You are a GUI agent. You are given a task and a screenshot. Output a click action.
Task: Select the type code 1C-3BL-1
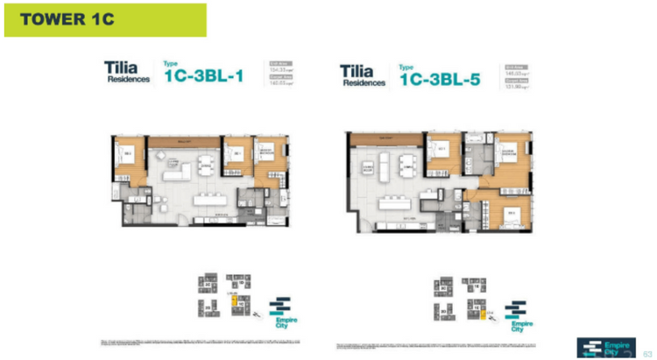(203, 75)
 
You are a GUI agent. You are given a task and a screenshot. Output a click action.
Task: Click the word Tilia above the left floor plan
(122, 67)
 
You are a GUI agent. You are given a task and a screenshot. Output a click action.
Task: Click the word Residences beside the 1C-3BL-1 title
(128, 80)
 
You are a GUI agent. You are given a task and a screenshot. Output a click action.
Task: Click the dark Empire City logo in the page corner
(605, 347)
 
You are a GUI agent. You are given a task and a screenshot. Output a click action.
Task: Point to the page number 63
(648, 349)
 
